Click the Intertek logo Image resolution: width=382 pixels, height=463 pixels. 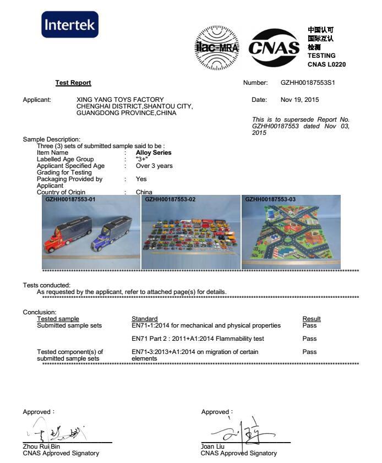pos(70,25)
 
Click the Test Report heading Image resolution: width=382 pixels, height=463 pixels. pos(73,83)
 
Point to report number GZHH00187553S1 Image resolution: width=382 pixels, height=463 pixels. pos(308,83)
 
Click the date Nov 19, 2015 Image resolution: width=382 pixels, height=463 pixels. pos(299,100)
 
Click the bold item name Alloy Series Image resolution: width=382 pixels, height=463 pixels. pos(154,152)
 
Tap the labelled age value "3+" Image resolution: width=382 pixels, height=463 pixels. pos(142,159)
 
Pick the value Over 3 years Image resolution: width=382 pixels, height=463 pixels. pos(154,166)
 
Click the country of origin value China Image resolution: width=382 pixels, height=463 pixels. pos(144,192)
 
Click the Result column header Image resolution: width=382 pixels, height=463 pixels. pos(312,319)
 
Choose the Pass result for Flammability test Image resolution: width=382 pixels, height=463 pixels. pos(309,339)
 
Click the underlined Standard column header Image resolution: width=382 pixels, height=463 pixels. pos(144,319)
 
